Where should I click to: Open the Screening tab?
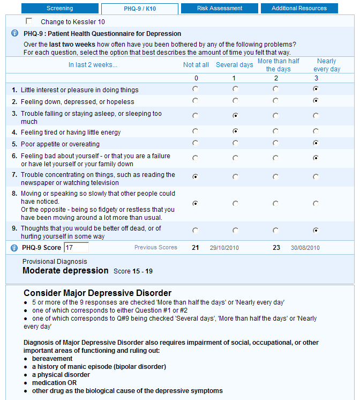(59, 9)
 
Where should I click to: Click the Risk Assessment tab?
(219, 9)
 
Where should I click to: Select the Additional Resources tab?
(299, 9)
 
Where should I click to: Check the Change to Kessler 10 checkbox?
(29, 21)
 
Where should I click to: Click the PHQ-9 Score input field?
(76, 248)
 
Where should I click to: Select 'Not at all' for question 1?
(195, 89)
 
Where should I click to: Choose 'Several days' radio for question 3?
(235, 115)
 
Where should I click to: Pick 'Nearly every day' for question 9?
(316, 231)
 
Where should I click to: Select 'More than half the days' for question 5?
(275, 143)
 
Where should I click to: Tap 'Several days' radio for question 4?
(235, 131)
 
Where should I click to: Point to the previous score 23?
(276, 248)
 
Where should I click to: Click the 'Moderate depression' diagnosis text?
(65, 271)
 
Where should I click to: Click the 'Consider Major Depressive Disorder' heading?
(97, 293)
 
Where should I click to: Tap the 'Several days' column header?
(235, 65)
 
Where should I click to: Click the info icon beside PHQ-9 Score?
(14, 248)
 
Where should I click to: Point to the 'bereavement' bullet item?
(52, 359)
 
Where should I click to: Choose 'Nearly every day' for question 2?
(316, 101)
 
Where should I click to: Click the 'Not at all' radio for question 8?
(195, 203)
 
